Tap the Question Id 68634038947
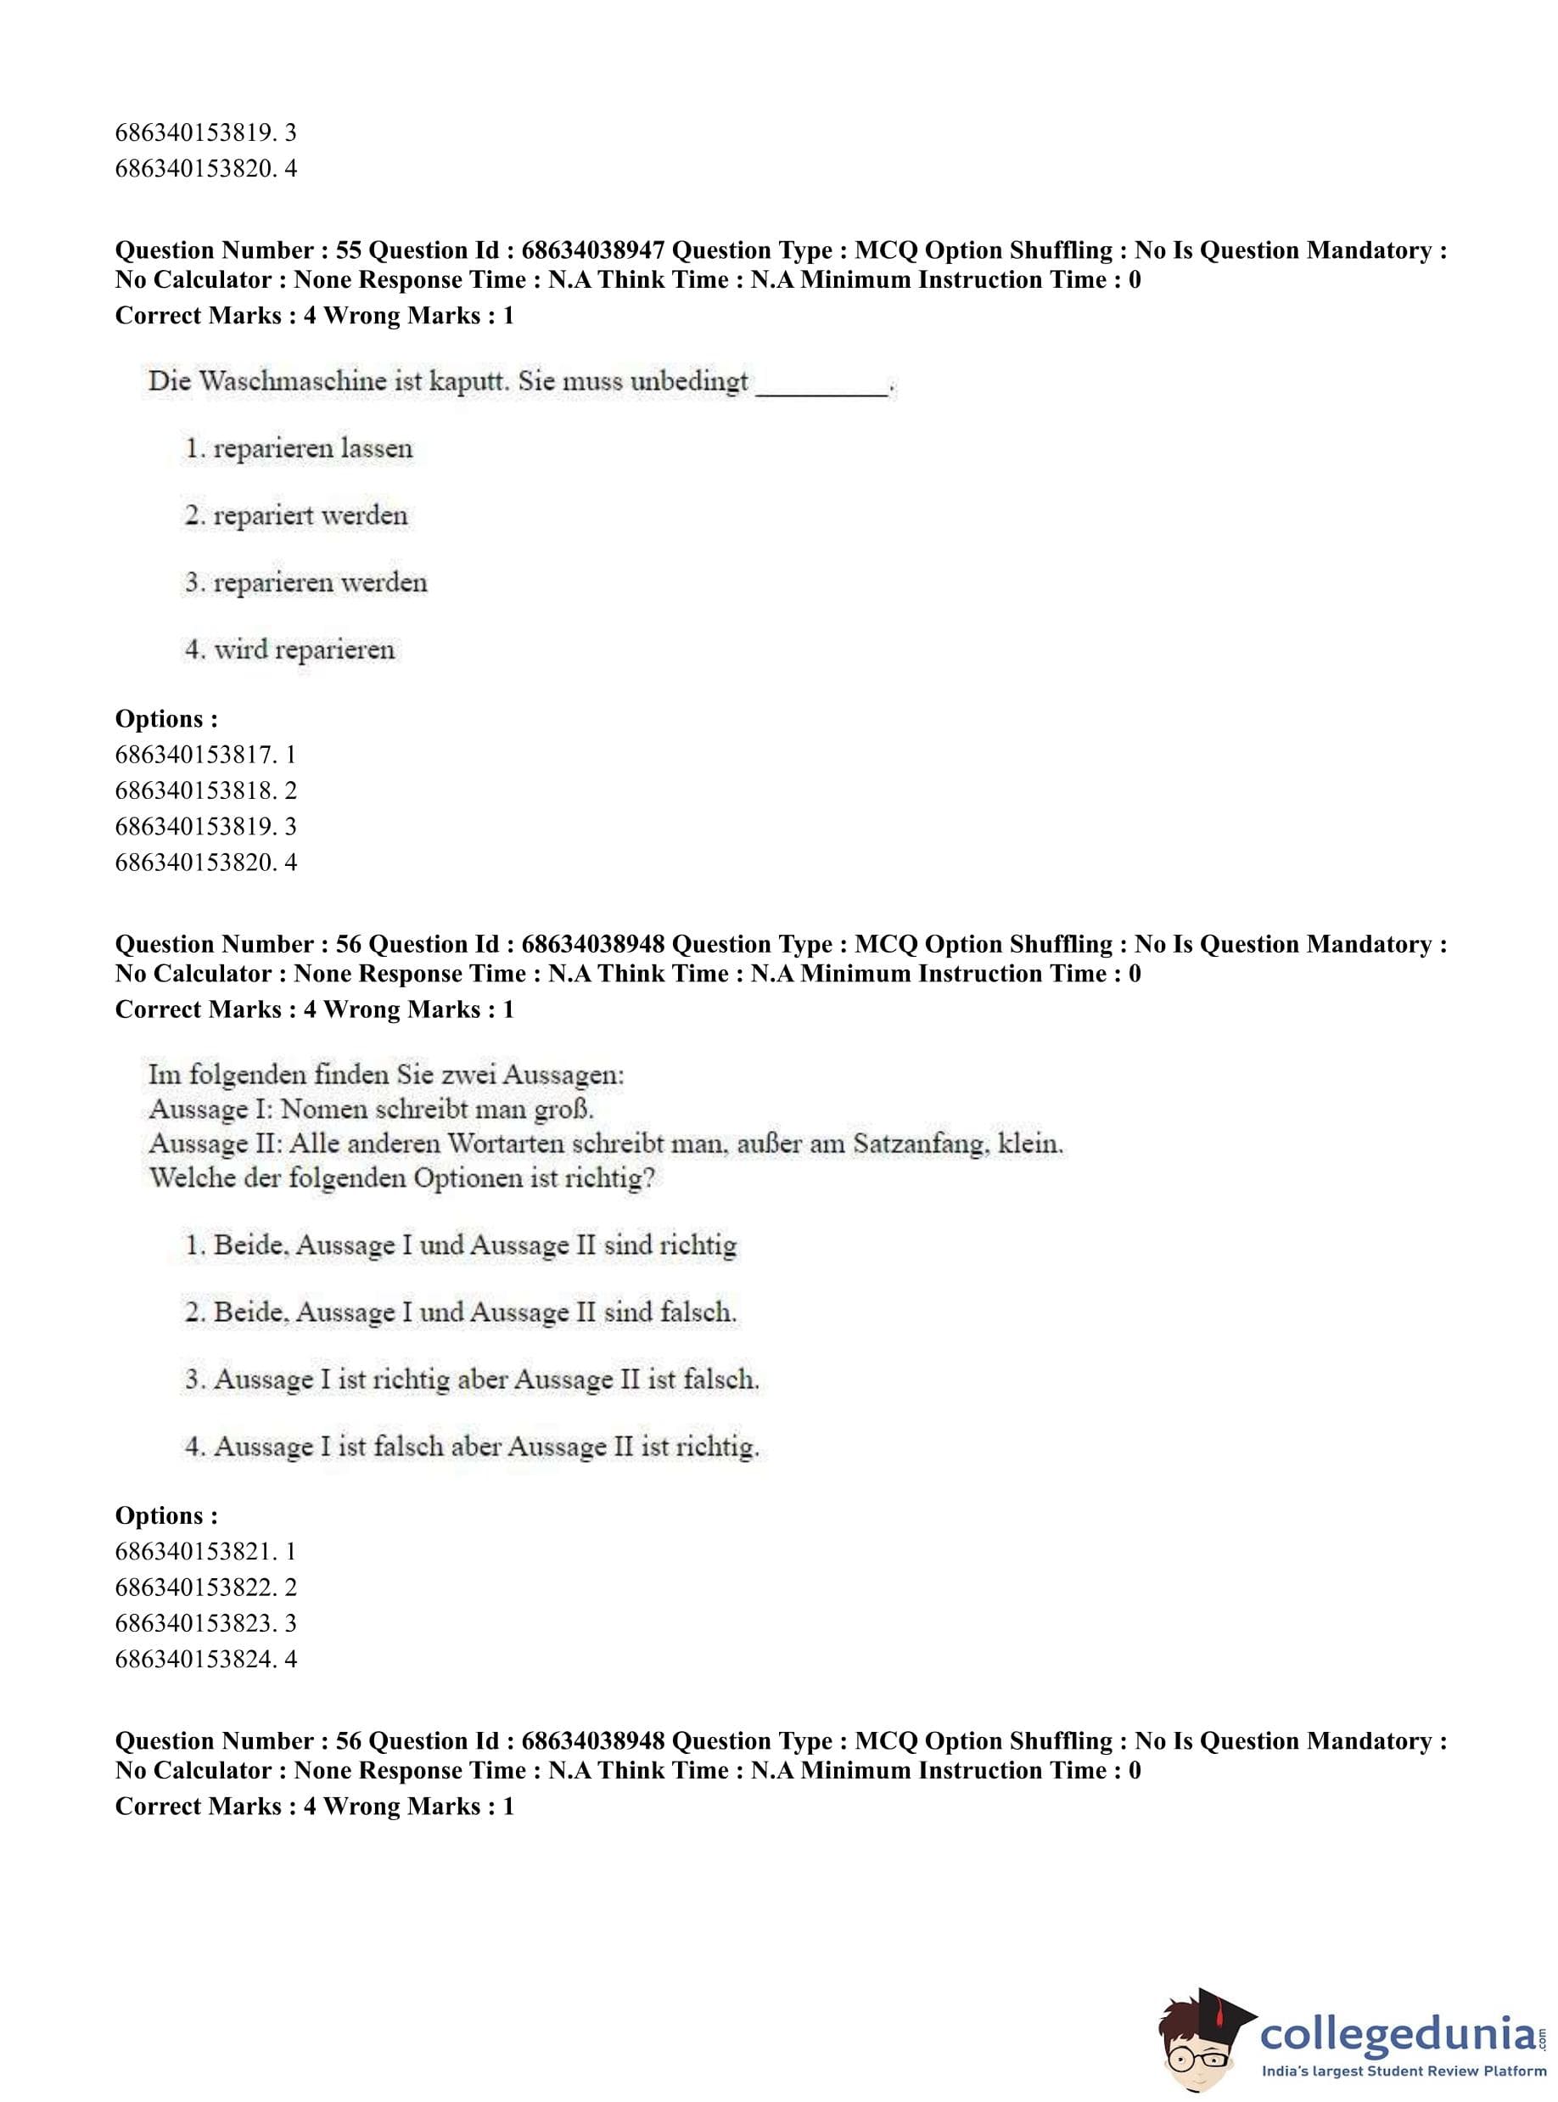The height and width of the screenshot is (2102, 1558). [x=592, y=251]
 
